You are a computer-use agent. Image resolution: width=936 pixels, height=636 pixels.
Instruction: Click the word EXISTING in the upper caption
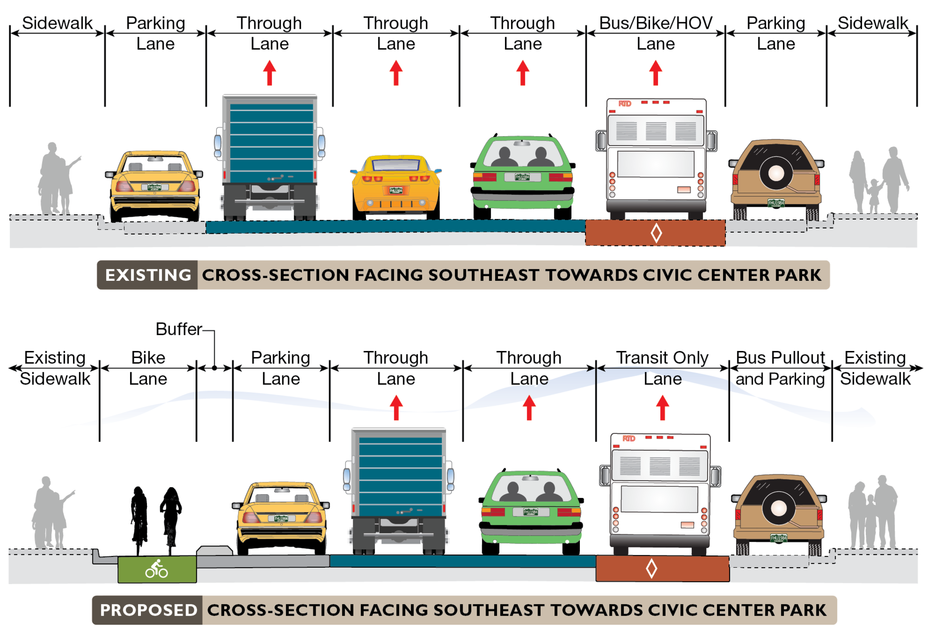[x=147, y=275]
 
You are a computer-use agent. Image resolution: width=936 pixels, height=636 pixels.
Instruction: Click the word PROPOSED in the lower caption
[x=148, y=610]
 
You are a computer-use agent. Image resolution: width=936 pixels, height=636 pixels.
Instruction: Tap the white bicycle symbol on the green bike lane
[x=156, y=570]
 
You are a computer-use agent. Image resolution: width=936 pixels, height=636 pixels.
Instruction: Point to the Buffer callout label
[x=179, y=329]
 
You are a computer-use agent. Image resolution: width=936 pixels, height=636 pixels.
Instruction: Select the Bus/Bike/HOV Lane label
[x=655, y=33]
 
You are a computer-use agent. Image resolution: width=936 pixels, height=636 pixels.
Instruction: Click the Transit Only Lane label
[x=662, y=368]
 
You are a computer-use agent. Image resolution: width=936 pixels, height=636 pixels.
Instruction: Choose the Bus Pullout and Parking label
[x=780, y=368]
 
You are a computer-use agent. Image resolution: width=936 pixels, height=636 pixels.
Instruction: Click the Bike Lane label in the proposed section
[x=148, y=368]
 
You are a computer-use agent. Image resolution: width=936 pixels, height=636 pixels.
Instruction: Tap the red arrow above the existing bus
[x=656, y=73]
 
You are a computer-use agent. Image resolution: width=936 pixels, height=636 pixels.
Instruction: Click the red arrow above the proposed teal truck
[x=396, y=408]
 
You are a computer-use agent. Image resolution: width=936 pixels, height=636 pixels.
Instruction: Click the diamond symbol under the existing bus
[x=656, y=233]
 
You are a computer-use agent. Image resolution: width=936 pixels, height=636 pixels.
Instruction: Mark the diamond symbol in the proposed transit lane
[x=651, y=569]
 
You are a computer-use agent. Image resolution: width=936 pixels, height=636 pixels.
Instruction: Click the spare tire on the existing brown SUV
[x=776, y=173]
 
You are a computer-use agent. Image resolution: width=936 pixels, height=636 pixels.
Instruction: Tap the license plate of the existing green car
[x=522, y=178]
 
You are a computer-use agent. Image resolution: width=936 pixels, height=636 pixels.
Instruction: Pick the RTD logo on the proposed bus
[x=629, y=439]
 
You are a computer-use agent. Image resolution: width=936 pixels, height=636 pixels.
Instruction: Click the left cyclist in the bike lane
[x=139, y=518]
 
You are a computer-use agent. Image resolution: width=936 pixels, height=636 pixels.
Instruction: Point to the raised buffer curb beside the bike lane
[x=214, y=550]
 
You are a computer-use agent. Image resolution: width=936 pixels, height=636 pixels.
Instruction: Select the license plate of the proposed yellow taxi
[x=281, y=519]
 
